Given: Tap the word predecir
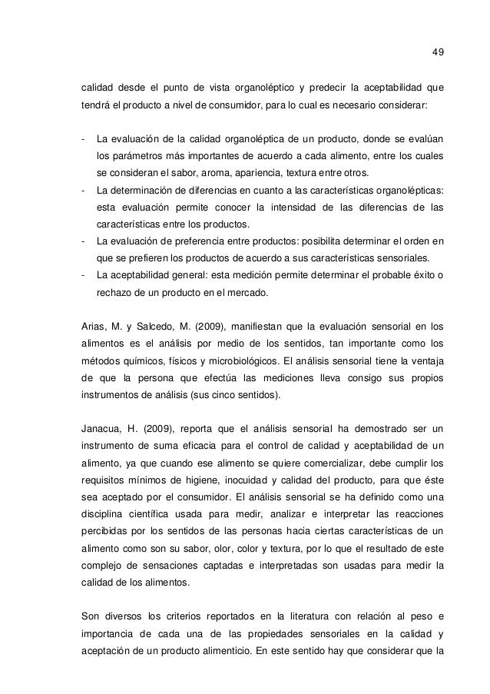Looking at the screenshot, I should coord(326,85).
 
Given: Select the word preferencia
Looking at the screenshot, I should coord(200,241).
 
